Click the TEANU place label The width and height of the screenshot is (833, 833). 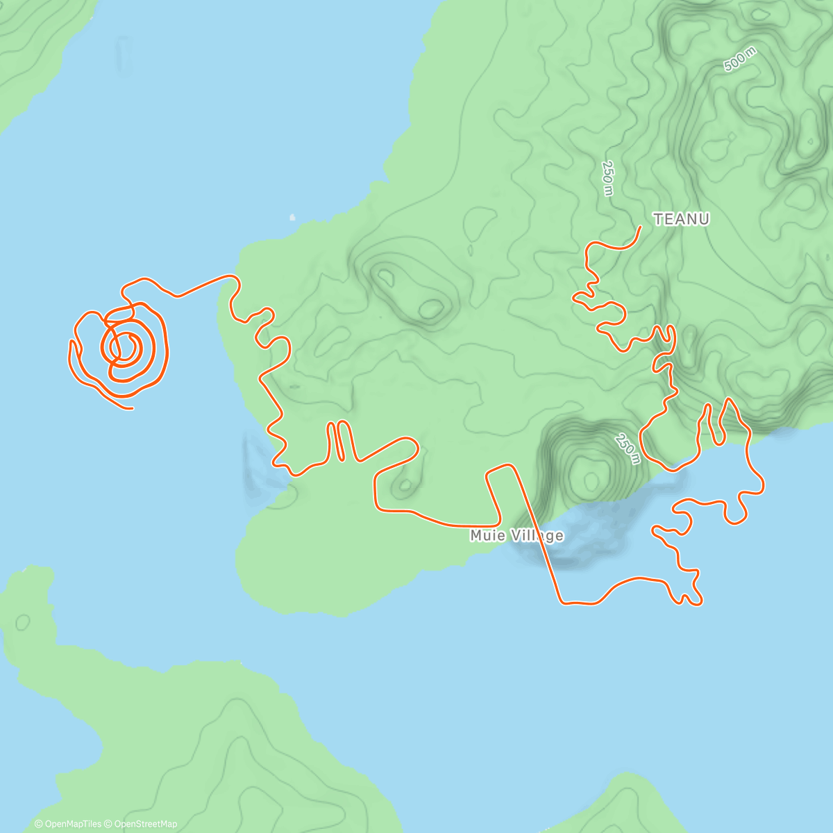682,219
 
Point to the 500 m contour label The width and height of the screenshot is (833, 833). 739,60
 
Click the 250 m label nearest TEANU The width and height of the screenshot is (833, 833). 607,178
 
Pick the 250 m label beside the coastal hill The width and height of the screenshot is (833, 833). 628,449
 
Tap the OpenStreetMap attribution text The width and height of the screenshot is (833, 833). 145,824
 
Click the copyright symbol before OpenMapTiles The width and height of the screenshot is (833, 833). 39,824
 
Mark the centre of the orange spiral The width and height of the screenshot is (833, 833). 125,345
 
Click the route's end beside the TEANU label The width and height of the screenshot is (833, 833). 639,227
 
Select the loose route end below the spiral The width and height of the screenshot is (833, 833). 131,408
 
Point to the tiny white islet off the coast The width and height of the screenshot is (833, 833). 292,217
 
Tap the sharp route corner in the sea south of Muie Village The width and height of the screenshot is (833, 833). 562,603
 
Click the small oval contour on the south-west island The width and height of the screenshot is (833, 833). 23,621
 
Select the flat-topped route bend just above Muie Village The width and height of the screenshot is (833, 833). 501,469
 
